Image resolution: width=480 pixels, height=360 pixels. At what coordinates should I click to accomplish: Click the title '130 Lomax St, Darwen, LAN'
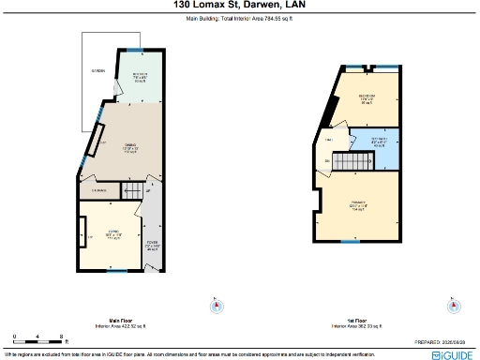point(239,6)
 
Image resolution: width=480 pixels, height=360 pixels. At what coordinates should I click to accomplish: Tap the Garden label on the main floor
point(97,71)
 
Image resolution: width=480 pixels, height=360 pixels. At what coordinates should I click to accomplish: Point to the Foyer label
point(151,247)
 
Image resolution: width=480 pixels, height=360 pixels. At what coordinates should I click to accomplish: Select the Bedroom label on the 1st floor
point(367,99)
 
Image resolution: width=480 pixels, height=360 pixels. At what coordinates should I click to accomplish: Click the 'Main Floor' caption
point(119,320)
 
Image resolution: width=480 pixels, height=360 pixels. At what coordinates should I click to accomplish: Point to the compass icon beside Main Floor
point(217,306)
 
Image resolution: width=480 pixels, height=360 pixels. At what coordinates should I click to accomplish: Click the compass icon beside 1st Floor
point(454,306)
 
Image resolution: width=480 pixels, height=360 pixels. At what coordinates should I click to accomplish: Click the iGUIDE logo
point(452,354)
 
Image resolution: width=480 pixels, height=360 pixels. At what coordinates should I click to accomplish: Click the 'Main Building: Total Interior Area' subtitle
point(239,16)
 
